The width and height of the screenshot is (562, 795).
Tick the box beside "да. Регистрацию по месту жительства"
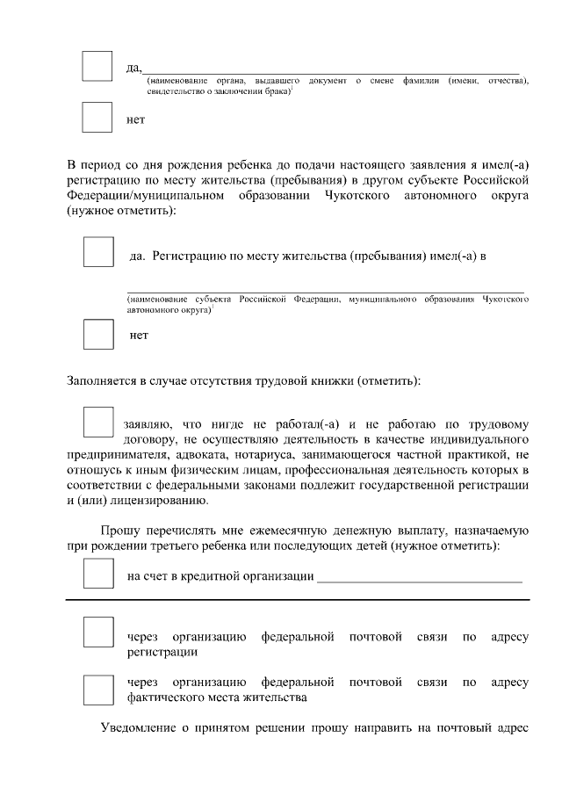(98, 252)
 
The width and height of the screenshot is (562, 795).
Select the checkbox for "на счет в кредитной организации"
(98, 574)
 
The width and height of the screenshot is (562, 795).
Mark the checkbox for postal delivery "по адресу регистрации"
(98, 632)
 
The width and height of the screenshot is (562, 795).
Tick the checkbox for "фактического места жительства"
(98, 690)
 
